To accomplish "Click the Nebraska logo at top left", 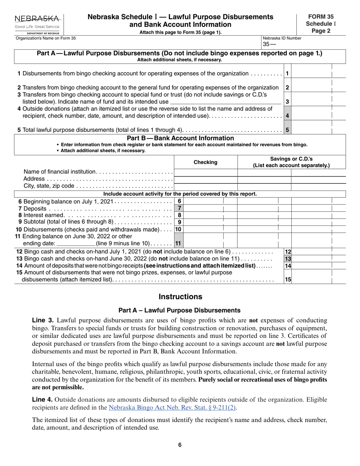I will tap(37, 23).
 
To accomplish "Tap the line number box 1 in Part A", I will tap(288, 73).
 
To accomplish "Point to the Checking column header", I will tap(205, 162).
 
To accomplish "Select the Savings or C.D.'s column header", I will tap(291, 162).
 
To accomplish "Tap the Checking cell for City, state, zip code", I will tap(205, 186).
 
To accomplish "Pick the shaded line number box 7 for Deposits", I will tap(180, 208).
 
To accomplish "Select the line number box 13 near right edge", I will tap(288, 259).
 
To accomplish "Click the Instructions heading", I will tap(180, 297).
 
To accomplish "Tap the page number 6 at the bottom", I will tap(180, 445).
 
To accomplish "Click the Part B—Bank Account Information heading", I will tap(180, 138).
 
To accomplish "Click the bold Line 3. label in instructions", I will tap(43, 320).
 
